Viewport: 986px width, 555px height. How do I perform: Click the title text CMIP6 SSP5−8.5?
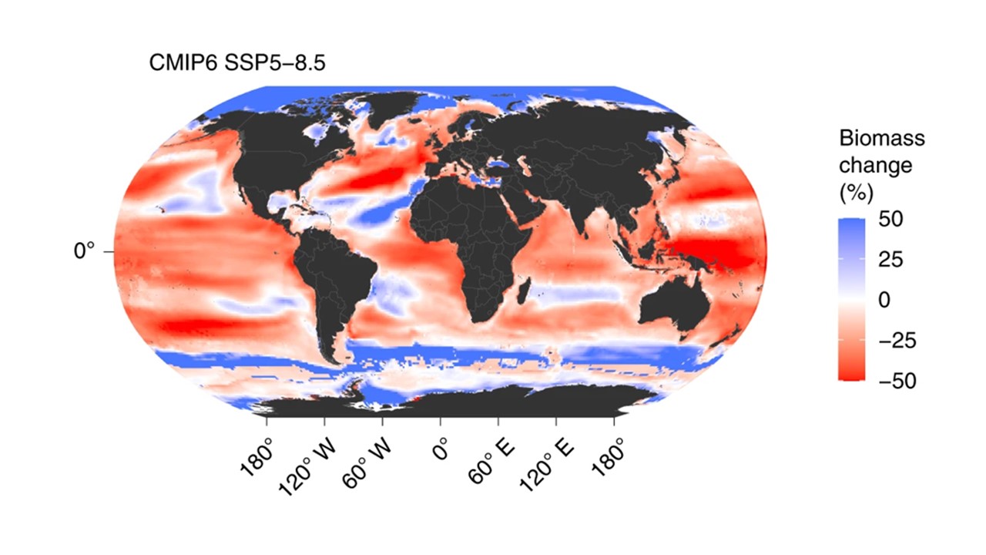coord(237,63)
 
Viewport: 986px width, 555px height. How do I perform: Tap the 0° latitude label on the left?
coord(84,251)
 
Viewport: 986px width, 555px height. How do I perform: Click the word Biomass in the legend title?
coord(881,139)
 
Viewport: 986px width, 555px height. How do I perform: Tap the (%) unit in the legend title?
coord(855,190)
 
